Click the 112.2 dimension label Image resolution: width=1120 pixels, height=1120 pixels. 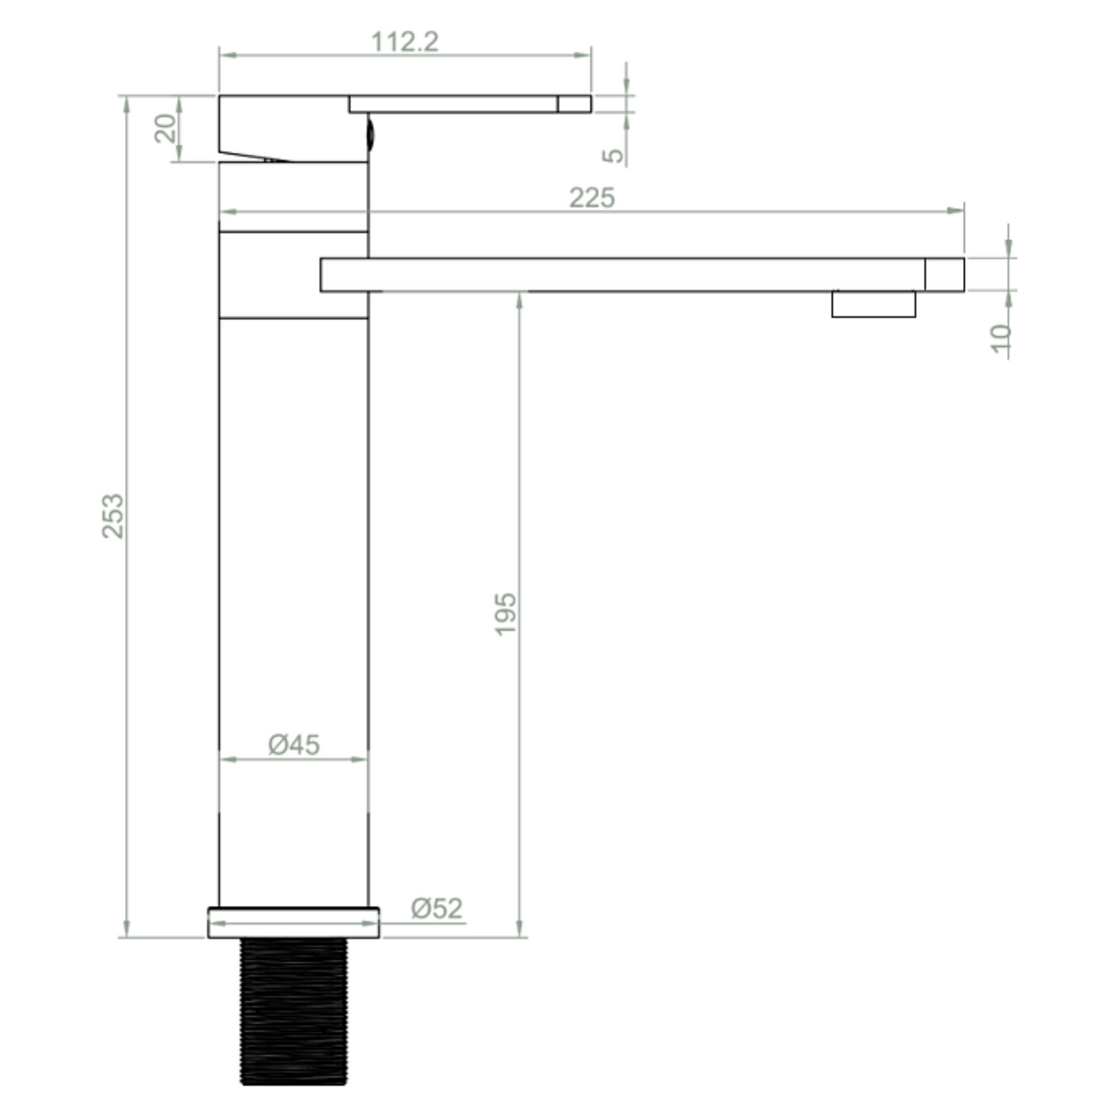405,42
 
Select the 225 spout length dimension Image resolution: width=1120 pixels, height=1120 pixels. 591,198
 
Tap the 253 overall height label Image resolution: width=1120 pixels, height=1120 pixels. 113,516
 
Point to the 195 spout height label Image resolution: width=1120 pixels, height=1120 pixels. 506,614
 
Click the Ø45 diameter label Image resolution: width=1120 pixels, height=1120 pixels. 294,744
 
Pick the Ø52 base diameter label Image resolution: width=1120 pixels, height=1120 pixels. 436,909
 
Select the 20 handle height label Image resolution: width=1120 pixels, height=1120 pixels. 166,128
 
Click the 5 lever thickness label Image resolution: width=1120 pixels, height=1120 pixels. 614,154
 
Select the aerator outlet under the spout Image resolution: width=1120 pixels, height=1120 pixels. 873,304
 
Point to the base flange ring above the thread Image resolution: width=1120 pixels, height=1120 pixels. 293,923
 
